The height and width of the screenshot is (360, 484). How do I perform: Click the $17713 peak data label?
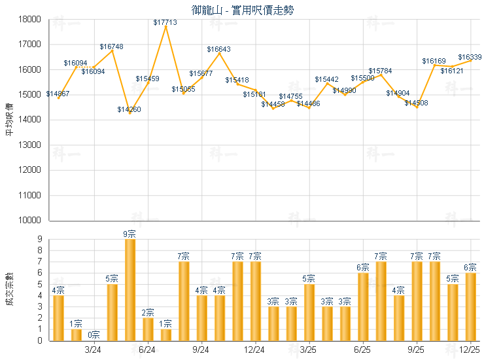pyautogui.click(x=165, y=22)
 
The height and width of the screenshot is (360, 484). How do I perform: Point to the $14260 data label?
pyautogui.click(x=129, y=109)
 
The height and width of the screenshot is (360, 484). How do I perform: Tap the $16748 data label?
pyautogui.click(x=112, y=46)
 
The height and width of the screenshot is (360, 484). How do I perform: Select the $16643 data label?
pyautogui.click(x=218, y=49)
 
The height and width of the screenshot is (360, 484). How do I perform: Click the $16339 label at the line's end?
pyautogui.click(x=470, y=57)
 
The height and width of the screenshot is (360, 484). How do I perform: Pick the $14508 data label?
pyautogui.click(x=416, y=103)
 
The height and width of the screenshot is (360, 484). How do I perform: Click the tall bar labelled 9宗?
pyautogui.click(x=130, y=289)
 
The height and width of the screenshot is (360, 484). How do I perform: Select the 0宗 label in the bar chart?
pyautogui.click(x=94, y=334)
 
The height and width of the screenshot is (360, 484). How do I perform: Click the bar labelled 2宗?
pyautogui.click(x=148, y=329)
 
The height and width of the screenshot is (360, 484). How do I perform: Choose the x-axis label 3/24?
pyautogui.click(x=94, y=350)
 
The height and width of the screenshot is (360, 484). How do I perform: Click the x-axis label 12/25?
pyautogui.click(x=470, y=350)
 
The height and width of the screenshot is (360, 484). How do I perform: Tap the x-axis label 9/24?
pyautogui.click(x=201, y=350)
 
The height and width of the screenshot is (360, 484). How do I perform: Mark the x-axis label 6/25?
pyautogui.click(x=362, y=350)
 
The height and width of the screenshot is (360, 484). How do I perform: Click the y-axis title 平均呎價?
pyautogui.click(x=9, y=119)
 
